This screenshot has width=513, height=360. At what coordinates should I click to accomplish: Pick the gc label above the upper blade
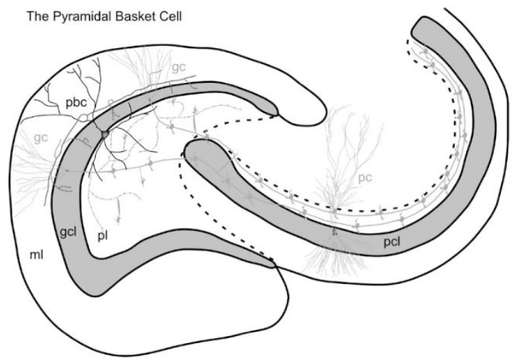click(178, 66)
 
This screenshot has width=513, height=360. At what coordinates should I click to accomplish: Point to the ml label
click(27, 255)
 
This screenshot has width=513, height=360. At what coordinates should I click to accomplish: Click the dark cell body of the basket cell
click(103, 134)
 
